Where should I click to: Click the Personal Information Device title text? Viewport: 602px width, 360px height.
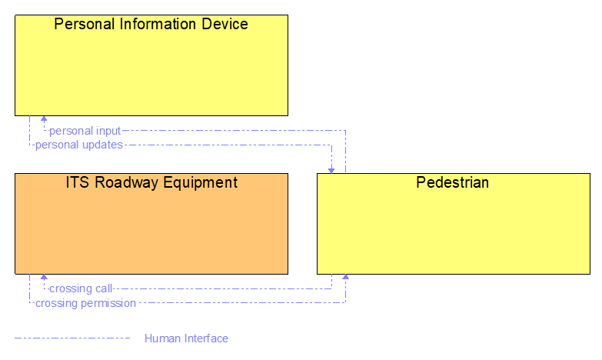(x=151, y=24)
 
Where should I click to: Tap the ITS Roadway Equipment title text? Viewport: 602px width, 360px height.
(x=151, y=182)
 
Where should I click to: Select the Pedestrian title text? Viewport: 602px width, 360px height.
(x=452, y=182)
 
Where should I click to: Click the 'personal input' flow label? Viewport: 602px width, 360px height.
(x=85, y=131)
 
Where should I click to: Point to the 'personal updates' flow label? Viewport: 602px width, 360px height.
(x=78, y=144)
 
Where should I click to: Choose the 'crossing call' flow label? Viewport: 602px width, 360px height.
(x=81, y=289)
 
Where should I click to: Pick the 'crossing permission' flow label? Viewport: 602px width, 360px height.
(x=85, y=303)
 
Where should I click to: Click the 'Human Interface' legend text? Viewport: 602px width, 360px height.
(x=186, y=338)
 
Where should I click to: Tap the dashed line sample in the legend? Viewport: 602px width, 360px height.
(x=73, y=338)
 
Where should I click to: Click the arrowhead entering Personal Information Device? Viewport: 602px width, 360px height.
(x=44, y=119)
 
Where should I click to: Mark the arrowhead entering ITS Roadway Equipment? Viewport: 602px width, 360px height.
(x=44, y=278)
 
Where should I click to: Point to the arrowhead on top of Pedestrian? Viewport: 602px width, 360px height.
(x=331, y=169)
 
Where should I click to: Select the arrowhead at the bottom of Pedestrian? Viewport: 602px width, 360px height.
(x=345, y=278)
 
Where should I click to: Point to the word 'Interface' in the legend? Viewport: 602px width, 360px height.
(x=206, y=338)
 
